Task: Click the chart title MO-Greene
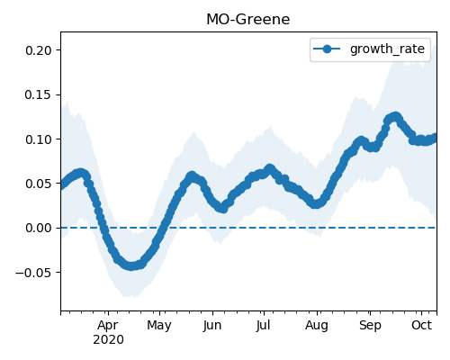click(248, 20)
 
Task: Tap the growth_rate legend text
click(387, 49)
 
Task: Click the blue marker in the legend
click(327, 49)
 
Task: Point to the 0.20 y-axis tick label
click(39, 50)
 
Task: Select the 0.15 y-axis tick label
click(39, 94)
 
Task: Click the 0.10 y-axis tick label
click(39, 139)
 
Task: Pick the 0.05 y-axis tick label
click(39, 184)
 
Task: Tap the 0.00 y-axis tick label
click(39, 228)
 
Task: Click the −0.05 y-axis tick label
click(33, 273)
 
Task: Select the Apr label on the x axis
click(108, 326)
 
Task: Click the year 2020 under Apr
click(108, 340)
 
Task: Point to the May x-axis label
click(159, 326)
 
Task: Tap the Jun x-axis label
click(212, 326)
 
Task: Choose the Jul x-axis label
click(263, 326)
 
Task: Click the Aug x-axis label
click(317, 326)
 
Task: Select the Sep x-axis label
click(370, 326)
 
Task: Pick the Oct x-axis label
click(421, 326)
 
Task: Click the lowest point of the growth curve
click(131, 265)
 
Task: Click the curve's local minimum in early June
click(222, 208)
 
